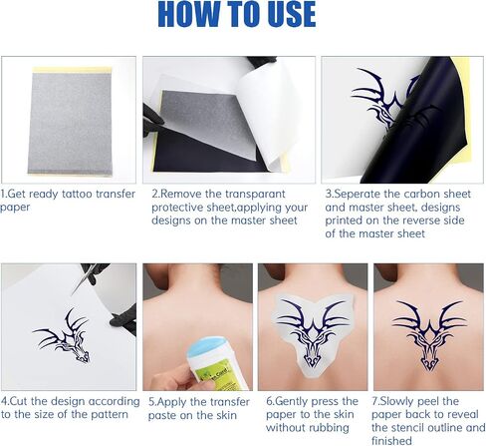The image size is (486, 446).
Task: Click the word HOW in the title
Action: click(x=189, y=14)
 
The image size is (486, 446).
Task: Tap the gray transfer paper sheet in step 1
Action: click(x=72, y=122)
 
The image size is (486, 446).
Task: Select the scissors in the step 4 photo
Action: click(x=86, y=277)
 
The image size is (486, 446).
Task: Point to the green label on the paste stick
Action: click(x=220, y=375)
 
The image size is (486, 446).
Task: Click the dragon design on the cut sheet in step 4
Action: click(x=62, y=335)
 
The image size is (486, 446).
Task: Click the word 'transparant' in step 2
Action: click(x=255, y=194)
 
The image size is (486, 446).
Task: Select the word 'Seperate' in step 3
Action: click(x=356, y=194)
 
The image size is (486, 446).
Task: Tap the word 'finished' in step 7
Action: click(x=391, y=440)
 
